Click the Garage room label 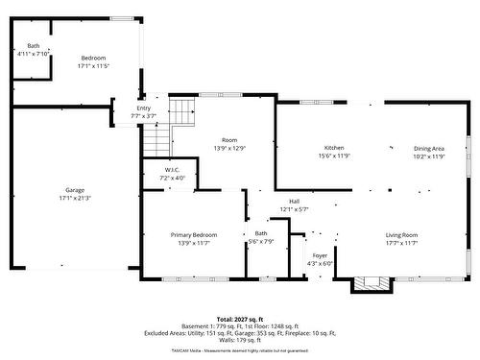coord(75,190)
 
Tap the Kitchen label coord(333,148)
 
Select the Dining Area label coord(429,148)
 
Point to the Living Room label coord(401,235)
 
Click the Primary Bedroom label coord(194,235)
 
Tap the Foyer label coord(320,256)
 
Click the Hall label coord(294,202)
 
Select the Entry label coord(143,109)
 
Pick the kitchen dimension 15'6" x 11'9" coord(333,156)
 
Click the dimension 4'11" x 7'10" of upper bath coord(33,54)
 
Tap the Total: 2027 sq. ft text coord(239,318)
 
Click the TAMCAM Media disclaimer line coord(239,351)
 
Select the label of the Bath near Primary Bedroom coord(261,234)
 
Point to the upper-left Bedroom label coord(93,58)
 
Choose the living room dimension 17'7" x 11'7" coord(401,244)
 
